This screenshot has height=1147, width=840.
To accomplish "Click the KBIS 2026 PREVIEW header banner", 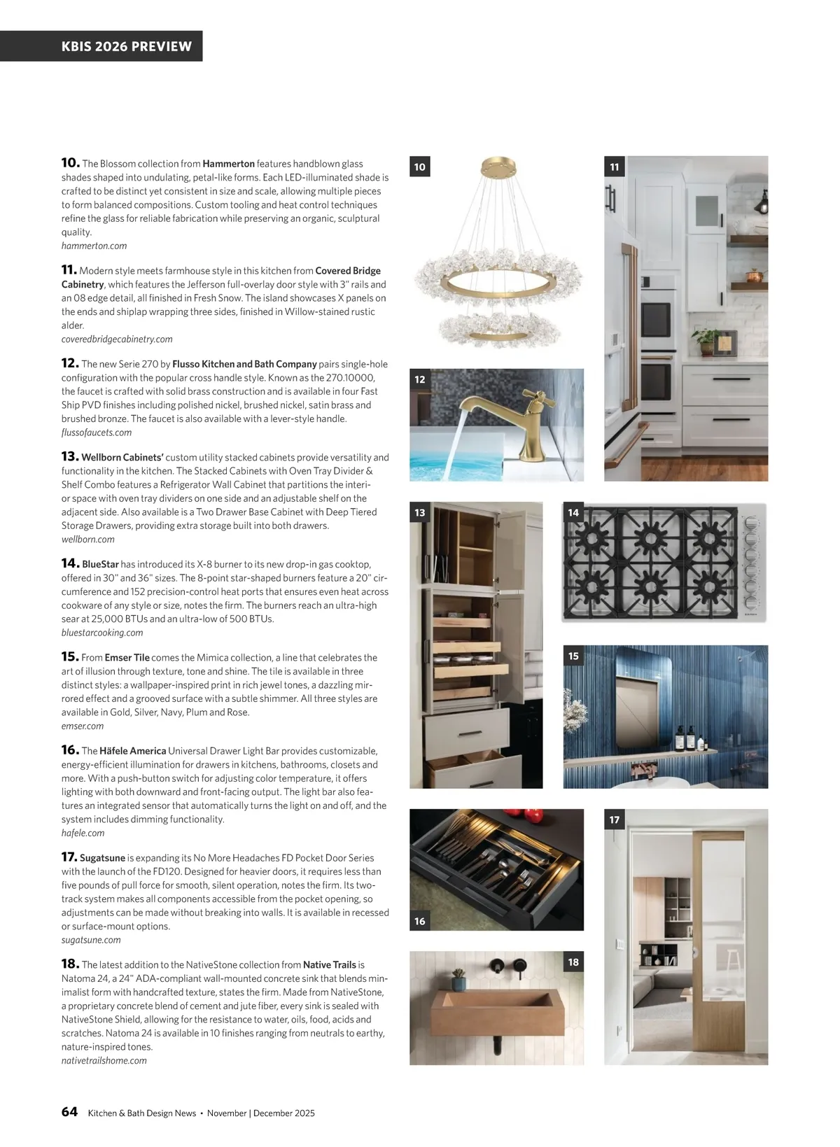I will tap(126, 46).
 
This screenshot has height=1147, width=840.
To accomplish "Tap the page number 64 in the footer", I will tap(69, 1112).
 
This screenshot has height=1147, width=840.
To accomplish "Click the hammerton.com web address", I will tap(94, 246).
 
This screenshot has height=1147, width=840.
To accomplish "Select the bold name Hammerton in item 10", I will tap(228, 164).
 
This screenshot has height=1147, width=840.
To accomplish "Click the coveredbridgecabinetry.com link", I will tap(117, 339).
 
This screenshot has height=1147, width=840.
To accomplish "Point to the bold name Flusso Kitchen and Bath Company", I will tap(244, 364).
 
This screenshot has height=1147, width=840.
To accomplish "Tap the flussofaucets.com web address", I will tap(96, 432).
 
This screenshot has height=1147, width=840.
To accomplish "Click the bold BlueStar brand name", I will tap(100, 564).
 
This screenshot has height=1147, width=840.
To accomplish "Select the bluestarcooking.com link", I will tap(102, 633).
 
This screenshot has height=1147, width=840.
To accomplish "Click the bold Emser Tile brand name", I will tap(127, 658).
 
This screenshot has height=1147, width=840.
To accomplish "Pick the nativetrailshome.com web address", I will tap(104, 1060).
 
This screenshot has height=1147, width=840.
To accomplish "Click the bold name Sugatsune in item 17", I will tap(102, 858).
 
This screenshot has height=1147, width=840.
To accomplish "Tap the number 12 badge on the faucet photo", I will tap(420, 379).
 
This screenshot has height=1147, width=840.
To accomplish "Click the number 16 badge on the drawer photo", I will tap(420, 921).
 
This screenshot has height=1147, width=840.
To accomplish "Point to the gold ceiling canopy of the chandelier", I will tap(498, 167).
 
